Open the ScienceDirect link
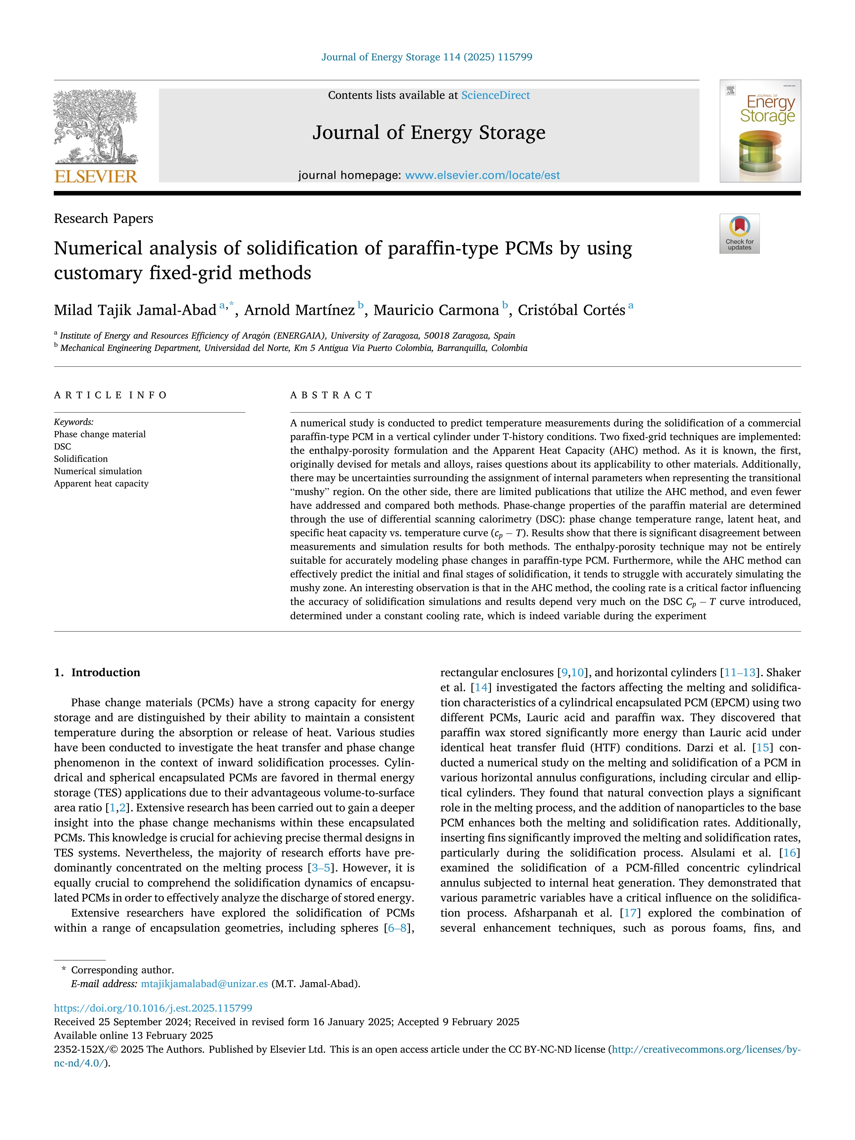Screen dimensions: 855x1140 495,95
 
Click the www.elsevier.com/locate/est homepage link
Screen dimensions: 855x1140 482,175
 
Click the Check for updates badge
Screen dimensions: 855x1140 739,233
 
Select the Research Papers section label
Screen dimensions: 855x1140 103,219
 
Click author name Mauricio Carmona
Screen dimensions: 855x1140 436,310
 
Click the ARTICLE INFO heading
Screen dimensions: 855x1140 111,395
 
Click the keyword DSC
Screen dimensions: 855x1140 62,446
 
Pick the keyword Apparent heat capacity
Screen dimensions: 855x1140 101,483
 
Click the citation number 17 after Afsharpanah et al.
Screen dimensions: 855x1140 630,913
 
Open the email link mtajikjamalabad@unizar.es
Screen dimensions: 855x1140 204,983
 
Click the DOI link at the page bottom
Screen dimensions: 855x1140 153,1008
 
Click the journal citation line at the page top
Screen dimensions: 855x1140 427,57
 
